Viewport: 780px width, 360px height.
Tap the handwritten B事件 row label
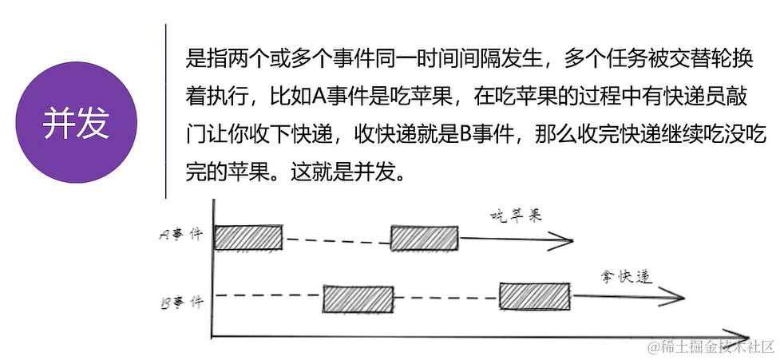tap(181, 302)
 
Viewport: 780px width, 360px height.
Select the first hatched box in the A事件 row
tap(248, 238)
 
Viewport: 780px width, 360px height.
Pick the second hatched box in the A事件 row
tap(424, 238)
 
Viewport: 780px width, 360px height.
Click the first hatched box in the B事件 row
tap(358, 299)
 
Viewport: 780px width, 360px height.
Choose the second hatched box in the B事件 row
tap(534, 296)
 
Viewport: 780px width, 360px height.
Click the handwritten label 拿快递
tap(628, 277)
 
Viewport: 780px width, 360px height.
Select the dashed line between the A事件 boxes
tap(336, 239)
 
